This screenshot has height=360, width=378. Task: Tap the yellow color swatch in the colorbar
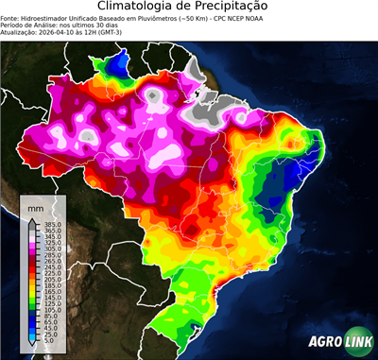[32, 295]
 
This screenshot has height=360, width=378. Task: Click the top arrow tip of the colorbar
[32, 217]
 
